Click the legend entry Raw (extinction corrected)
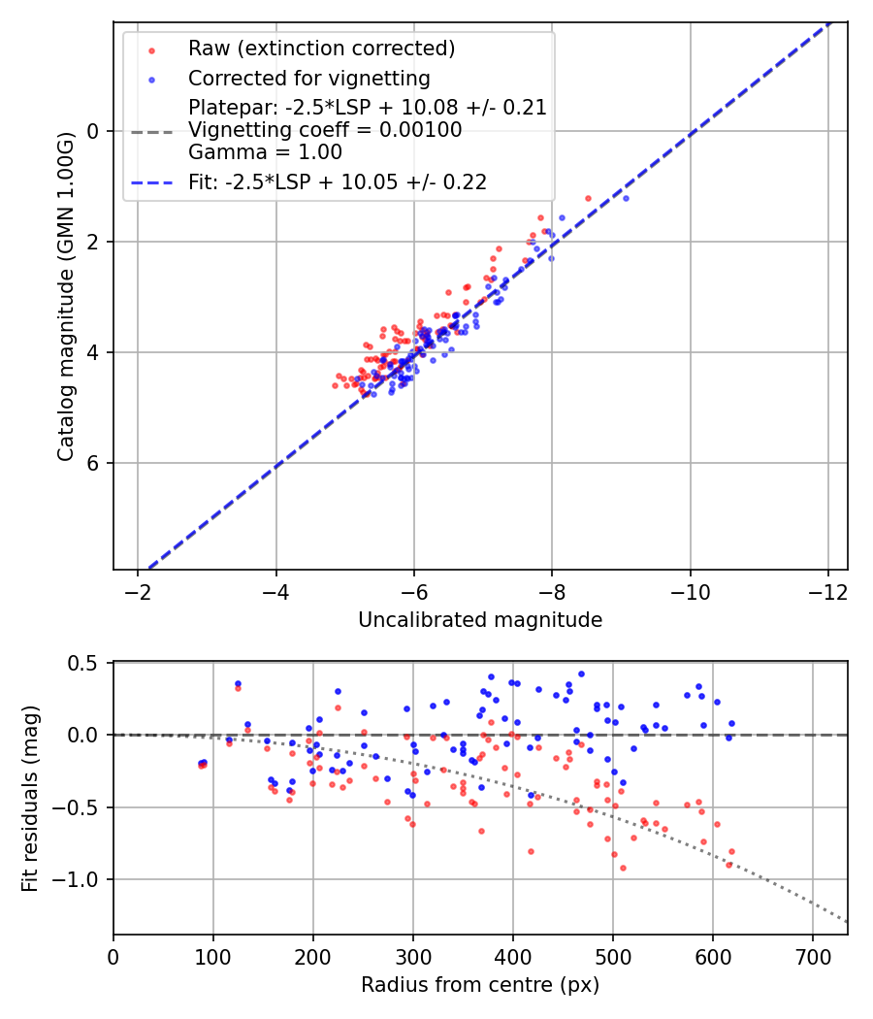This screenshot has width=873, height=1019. click(321, 49)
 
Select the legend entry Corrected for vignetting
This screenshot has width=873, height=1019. click(308, 78)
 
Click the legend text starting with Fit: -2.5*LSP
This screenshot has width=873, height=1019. click(338, 181)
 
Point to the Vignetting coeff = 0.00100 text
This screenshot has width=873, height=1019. click(325, 130)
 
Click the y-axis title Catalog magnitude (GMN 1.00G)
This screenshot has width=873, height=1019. click(65, 293)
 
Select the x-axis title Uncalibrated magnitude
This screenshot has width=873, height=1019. click(480, 620)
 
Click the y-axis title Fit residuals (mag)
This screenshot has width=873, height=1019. click(30, 799)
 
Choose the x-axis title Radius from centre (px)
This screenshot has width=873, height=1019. click(480, 985)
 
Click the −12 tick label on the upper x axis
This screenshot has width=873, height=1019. click(827, 591)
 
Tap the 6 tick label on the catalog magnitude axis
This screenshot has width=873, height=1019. click(95, 463)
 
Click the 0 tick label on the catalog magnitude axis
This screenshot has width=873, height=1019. click(95, 131)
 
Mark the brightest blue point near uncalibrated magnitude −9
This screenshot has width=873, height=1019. click(626, 198)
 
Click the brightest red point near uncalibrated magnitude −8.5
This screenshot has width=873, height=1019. click(588, 198)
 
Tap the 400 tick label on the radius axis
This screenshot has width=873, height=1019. click(512, 956)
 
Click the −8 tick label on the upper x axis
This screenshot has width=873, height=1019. click(552, 591)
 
